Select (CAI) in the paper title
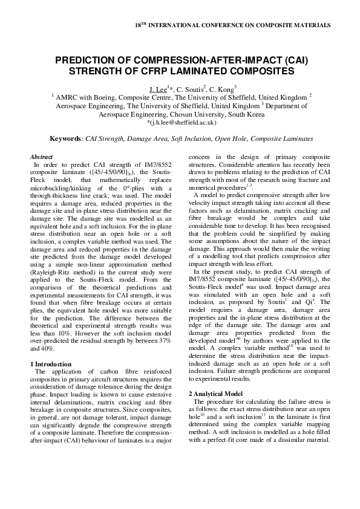coord(291,60)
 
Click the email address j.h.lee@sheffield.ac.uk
coord(182,122)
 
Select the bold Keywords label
coord(67,138)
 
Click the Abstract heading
coord(41,157)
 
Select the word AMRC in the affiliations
coord(69,97)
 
